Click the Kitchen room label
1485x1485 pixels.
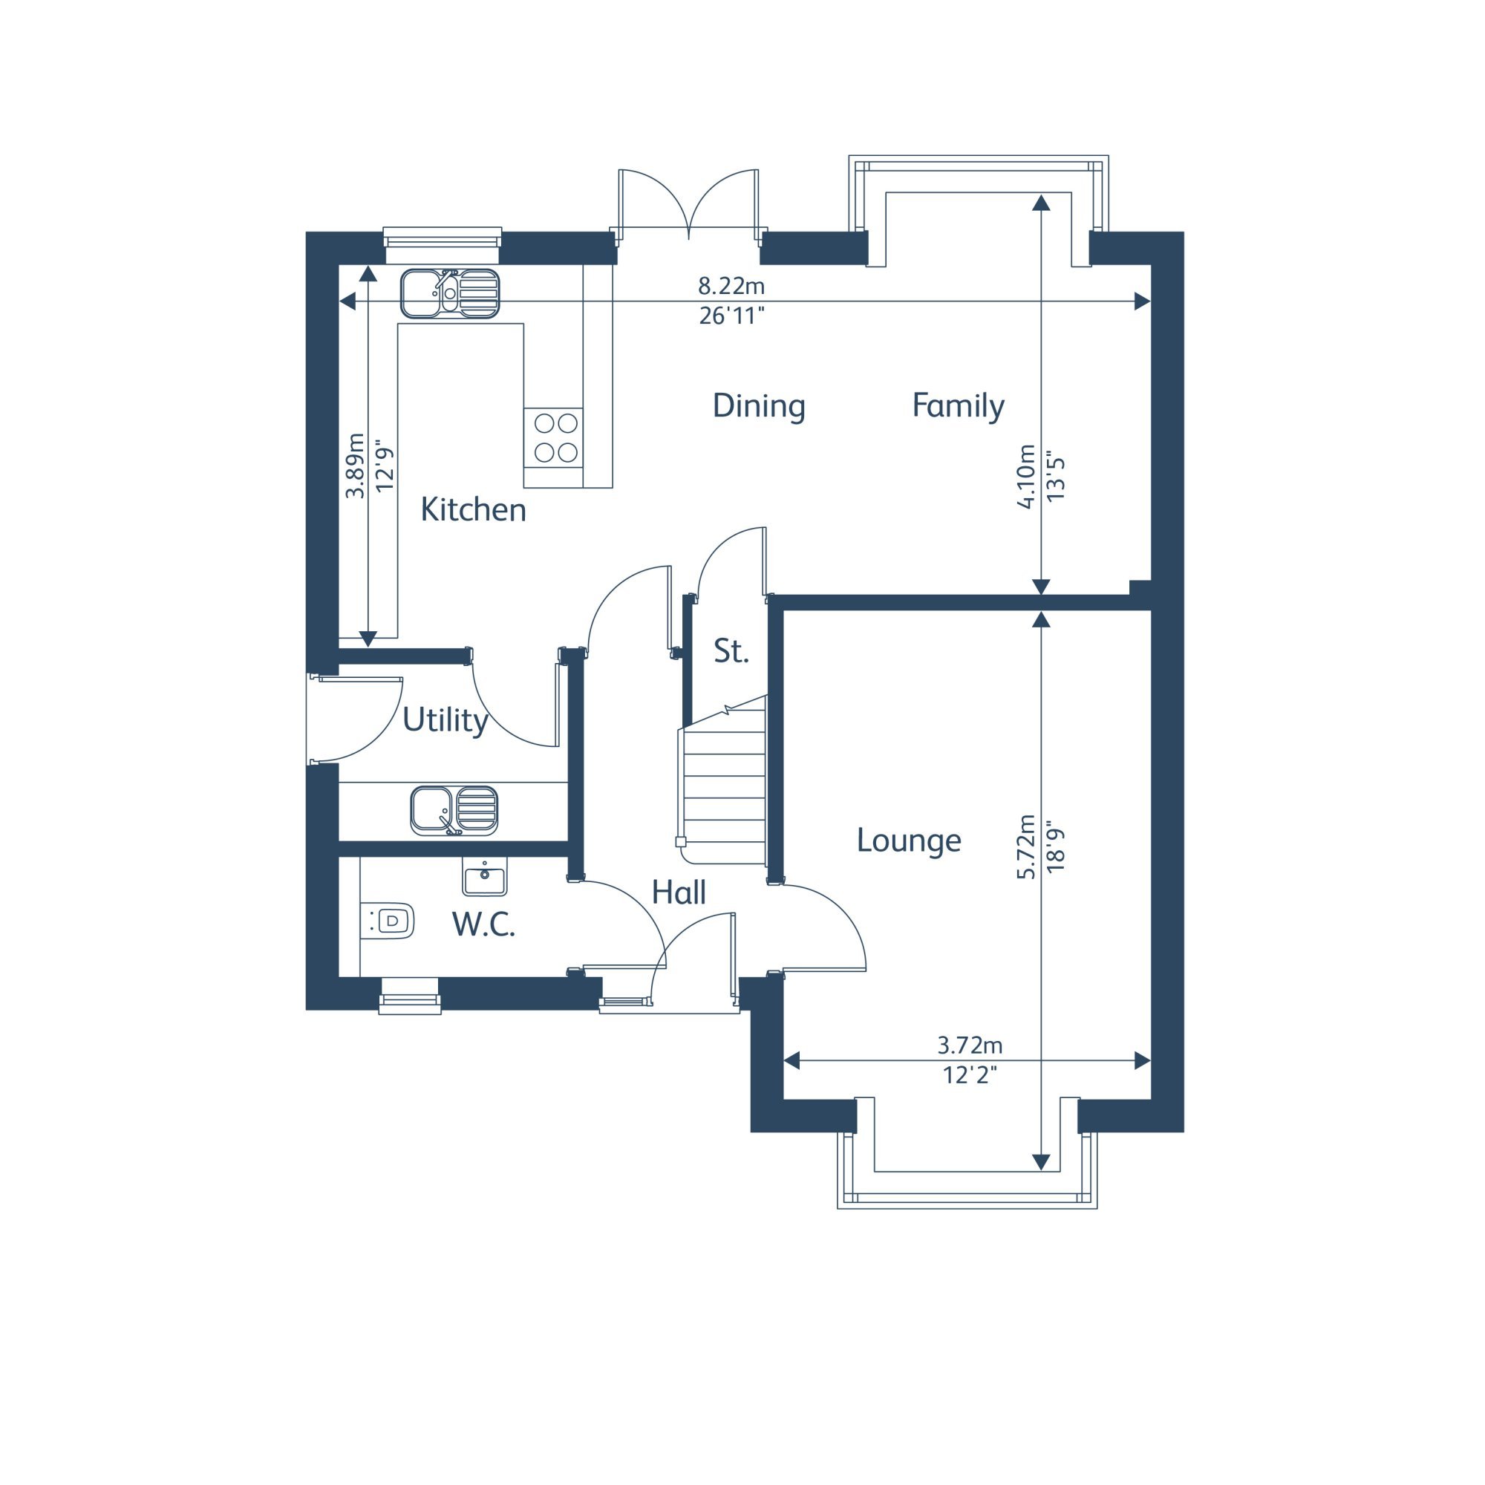point(473,509)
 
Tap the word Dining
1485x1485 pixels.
point(759,407)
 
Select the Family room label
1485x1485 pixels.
point(958,407)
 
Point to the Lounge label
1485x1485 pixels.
point(909,840)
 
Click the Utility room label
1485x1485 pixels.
point(445,720)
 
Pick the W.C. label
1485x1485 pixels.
point(483,924)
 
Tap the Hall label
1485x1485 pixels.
point(679,892)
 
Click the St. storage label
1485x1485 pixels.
point(731,651)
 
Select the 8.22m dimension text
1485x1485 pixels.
point(731,286)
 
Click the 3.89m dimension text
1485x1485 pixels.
point(354,466)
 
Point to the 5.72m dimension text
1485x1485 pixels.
point(1025,846)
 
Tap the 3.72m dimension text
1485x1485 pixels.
point(970,1045)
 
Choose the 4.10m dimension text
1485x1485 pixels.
point(1025,476)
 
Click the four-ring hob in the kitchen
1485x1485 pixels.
point(553,437)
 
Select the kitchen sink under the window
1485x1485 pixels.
point(450,293)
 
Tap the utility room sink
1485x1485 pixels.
point(454,811)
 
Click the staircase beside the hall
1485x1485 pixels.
point(722,780)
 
